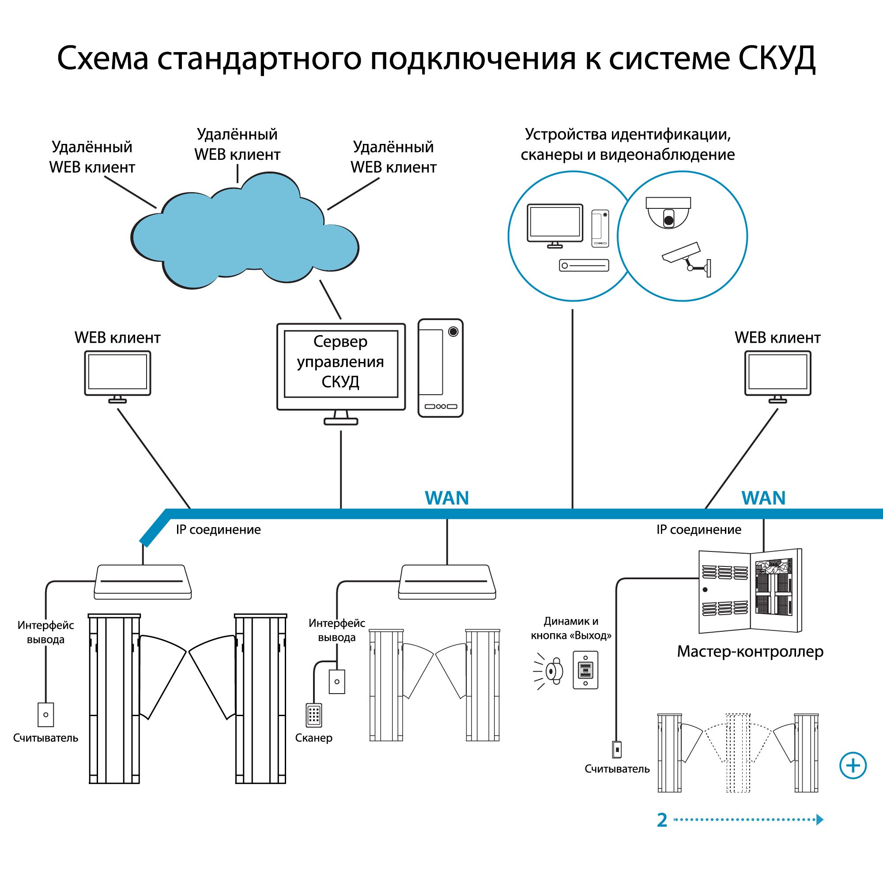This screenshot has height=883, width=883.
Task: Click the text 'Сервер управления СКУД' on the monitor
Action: tap(340, 362)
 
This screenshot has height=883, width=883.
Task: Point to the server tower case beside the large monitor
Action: tap(440, 368)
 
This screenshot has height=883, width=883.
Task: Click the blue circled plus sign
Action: tap(853, 765)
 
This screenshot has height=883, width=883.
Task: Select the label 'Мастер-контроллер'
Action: tap(750, 651)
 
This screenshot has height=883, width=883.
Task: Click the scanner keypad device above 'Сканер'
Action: tap(314, 714)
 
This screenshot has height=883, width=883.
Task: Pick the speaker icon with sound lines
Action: tap(547, 671)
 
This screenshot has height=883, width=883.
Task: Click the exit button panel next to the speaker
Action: tap(585, 670)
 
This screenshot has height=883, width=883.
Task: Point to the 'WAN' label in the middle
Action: tap(447, 498)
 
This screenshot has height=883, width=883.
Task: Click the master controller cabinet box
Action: tap(751, 592)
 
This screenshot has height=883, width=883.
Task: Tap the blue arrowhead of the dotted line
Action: tap(819, 819)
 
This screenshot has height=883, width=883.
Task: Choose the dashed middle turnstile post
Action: tap(738, 753)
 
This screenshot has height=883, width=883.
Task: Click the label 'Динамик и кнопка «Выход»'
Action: tap(571, 628)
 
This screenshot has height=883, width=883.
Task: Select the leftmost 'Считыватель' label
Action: tap(46, 738)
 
